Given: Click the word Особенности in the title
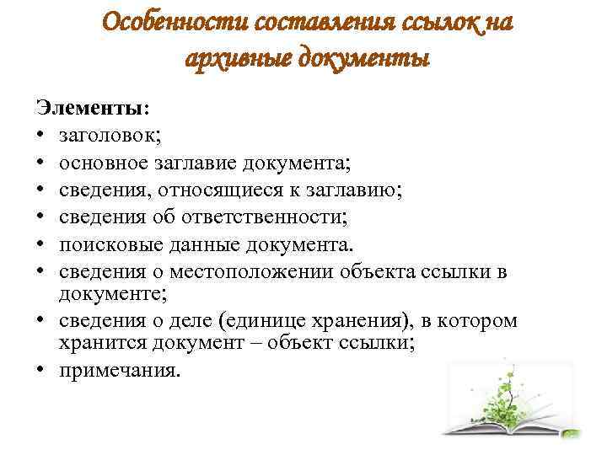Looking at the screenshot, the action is (x=175, y=22).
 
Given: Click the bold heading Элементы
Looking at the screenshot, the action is (x=92, y=107).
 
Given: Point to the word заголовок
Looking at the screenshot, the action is (x=110, y=136).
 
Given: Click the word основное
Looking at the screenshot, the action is (x=104, y=163).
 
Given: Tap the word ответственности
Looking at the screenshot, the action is (x=264, y=217).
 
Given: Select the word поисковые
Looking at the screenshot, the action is (x=110, y=245).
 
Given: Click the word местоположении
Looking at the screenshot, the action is (x=251, y=272).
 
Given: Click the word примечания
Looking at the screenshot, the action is (x=120, y=371).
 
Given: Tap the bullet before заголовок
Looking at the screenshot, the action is (x=40, y=134).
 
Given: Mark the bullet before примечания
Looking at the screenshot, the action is (x=40, y=369).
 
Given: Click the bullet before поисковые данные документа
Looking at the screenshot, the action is (x=40, y=244).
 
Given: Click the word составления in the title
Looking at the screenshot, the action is (x=325, y=22).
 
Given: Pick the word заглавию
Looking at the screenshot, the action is (x=353, y=190).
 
